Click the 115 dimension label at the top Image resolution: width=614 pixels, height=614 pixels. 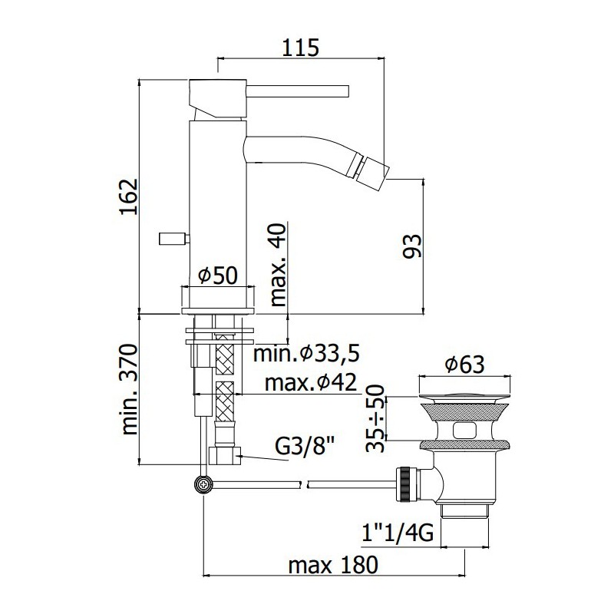[x=301, y=48]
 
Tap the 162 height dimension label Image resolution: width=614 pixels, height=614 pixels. [x=130, y=196]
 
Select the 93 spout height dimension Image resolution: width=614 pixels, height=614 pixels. [x=412, y=246]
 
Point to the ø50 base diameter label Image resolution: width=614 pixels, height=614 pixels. [x=218, y=276]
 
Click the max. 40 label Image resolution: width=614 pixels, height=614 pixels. [x=279, y=265]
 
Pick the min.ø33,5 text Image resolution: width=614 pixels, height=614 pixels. [x=306, y=354]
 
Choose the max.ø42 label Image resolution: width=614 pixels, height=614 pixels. [x=311, y=382]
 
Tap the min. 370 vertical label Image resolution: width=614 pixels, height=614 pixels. [x=130, y=389]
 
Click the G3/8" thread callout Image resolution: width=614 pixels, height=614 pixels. [x=304, y=446]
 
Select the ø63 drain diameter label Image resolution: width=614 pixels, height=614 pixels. [x=464, y=364]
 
